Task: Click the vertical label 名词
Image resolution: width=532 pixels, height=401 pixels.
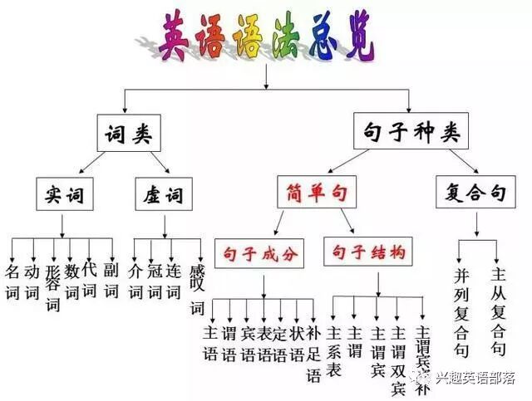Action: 12,282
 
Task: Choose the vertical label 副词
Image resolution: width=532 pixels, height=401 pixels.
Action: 111,282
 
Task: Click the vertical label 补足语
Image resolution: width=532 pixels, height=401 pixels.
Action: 313,353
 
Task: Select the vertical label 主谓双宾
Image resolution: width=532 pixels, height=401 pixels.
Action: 398,344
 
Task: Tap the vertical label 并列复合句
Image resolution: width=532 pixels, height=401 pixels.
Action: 462,311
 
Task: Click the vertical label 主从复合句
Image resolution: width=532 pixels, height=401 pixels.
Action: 499,311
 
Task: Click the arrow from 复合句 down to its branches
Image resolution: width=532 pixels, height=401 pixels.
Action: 476,226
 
